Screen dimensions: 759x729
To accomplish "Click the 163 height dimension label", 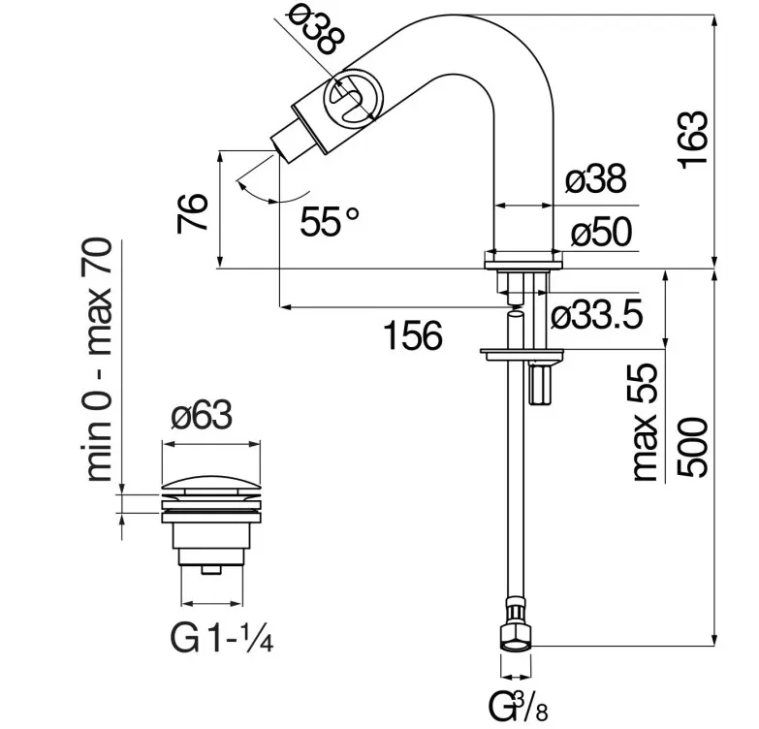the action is tap(693, 141).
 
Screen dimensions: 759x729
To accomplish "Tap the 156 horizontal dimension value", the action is tap(413, 336).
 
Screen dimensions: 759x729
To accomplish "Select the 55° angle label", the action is tap(330, 221).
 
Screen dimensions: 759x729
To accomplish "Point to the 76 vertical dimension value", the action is tap(192, 213).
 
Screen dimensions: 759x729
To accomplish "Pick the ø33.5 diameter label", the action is tap(597, 315).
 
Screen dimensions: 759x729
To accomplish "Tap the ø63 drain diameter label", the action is tap(202, 415).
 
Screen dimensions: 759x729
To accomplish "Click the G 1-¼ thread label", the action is tap(222, 638).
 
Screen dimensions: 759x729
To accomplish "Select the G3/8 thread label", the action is tap(518, 707).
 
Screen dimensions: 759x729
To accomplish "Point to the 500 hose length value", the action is tap(693, 448).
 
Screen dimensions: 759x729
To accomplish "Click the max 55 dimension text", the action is tap(646, 423).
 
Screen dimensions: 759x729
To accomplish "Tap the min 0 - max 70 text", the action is tap(99, 360).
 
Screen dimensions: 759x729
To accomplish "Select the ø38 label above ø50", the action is tap(595, 178).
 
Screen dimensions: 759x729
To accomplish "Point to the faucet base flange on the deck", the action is tap(523, 260).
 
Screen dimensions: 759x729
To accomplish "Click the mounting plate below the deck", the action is tap(522, 355).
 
